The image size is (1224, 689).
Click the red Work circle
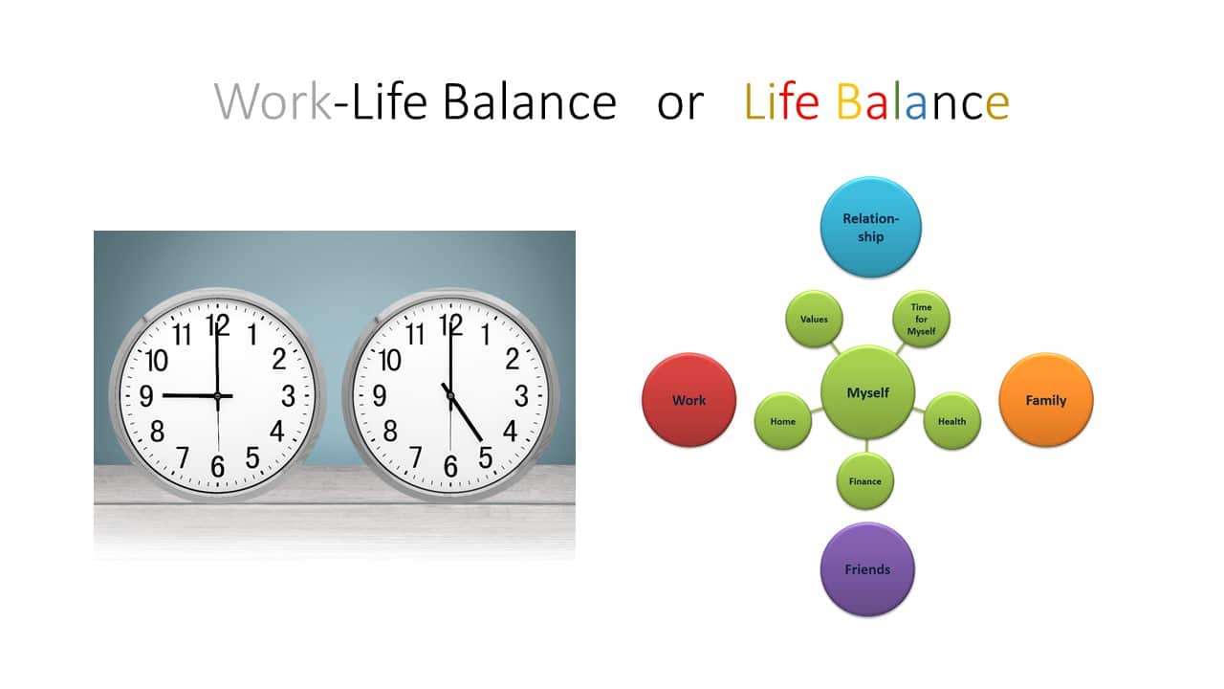coord(689,400)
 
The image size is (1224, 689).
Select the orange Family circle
coord(1046,400)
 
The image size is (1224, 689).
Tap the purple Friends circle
coord(867,569)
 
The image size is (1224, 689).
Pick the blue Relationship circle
coord(870,227)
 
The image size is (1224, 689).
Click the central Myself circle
coord(867,392)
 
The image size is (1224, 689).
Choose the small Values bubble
coord(814,319)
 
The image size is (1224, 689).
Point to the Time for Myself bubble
coord(921,319)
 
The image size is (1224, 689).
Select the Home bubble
coord(782,421)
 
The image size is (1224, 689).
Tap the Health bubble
coord(951,421)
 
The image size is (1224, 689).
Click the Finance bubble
coord(865,481)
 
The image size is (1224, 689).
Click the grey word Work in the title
coord(273,101)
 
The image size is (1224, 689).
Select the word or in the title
coord(680,104)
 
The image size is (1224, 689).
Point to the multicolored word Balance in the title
coord(923,101)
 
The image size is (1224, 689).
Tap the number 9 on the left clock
coord(146,396)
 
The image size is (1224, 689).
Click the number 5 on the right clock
coord(485,457)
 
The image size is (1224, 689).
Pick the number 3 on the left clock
coord(288,396)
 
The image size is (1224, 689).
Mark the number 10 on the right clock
coord(389,361)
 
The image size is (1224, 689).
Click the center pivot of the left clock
coord(217,395)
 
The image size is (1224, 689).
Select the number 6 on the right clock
coord(450,466)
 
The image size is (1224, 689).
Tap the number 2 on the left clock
coord(278,359)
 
